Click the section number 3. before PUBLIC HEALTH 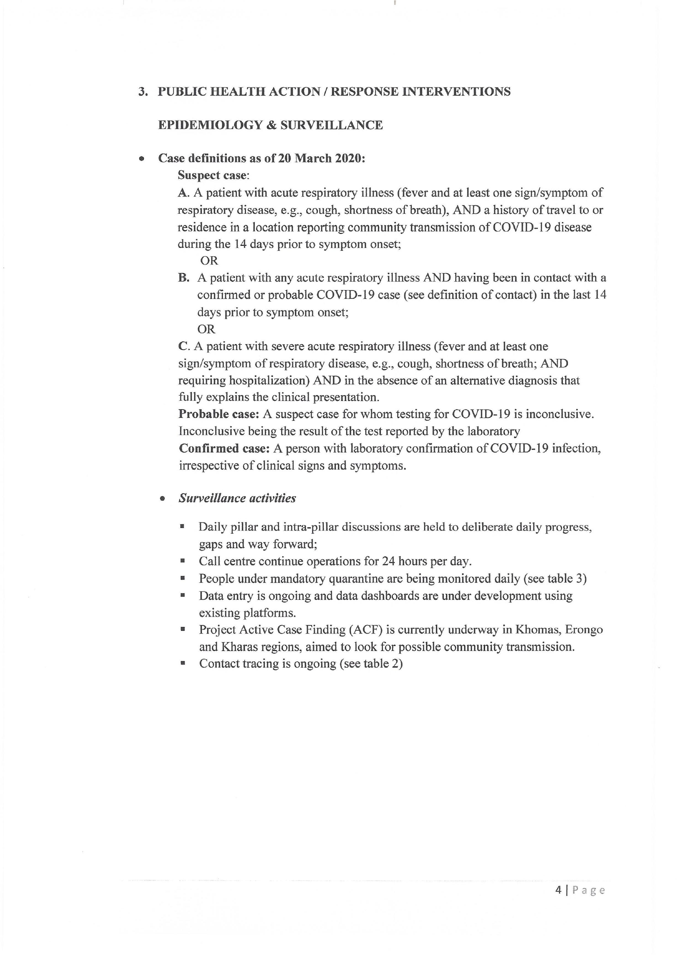click(143, 92)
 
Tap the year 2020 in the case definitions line click(348, 158)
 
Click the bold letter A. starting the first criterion click(183, 193)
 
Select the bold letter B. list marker click(184, 278)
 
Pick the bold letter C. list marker click(184, 347)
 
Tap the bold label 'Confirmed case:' click(224, 449)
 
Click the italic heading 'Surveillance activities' click(237, 498)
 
